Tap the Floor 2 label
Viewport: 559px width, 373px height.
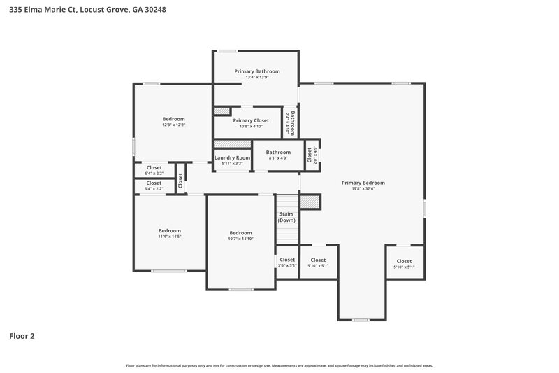[22, 336]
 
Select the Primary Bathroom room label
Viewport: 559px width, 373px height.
[257, 71]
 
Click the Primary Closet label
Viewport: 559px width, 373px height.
[251, 120]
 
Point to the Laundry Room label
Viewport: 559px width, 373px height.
[232, 157]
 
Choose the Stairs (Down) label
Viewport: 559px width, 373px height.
[286, 217]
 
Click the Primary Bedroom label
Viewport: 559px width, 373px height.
[363, 183]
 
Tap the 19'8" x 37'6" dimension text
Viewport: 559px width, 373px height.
[363, 189]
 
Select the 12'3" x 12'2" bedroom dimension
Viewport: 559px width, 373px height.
[173, 125]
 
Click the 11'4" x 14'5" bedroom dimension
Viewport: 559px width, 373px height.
[169, 237]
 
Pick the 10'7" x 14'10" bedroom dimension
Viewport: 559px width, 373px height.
[240, 239]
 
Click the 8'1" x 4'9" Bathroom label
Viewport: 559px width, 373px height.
[277, 153]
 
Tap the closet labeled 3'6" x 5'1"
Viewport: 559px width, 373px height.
[287, 262]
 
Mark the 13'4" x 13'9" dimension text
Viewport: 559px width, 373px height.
[257, 78]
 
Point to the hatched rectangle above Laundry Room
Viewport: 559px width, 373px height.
[232, 143]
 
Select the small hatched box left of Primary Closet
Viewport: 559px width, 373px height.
[222, 111]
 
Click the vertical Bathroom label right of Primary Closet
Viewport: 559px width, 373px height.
[292, 124]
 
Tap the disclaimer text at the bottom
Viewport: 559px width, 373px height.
[279, 365]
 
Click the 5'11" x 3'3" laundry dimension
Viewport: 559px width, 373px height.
[232, 163]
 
